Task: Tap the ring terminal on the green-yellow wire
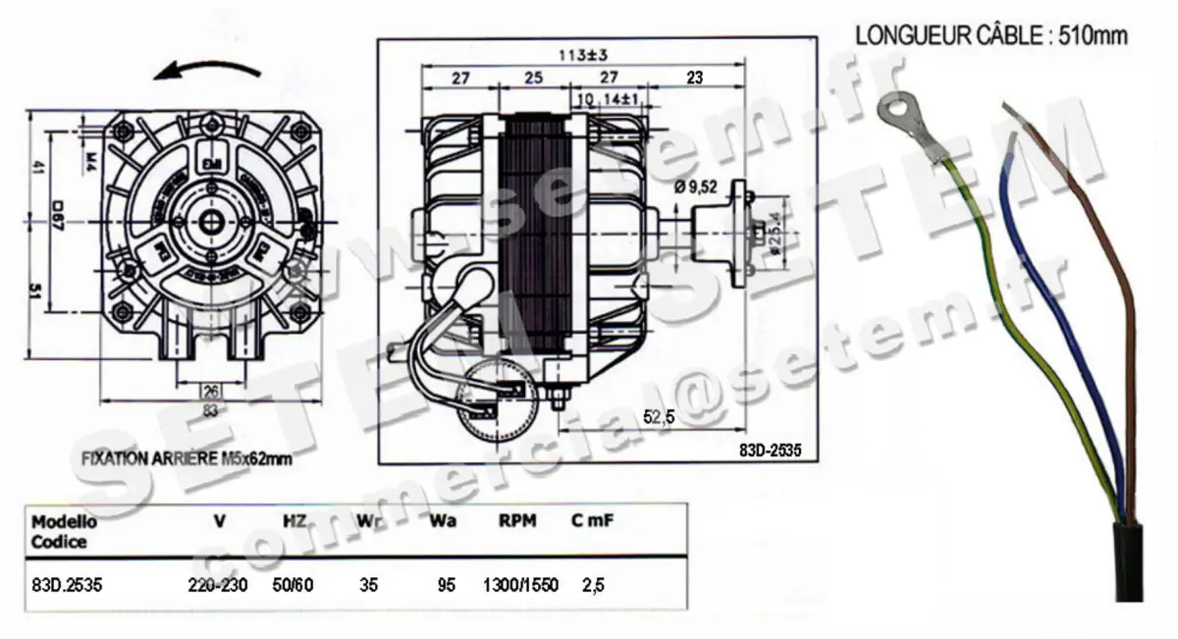(x=899, y=112)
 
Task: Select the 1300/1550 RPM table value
(x=520, y=585)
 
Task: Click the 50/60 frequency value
(x=293, y=585)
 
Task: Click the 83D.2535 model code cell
(x=67, y=585)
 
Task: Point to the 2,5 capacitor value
(x=593, y=585)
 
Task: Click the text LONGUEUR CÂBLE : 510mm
(x=991, y=36)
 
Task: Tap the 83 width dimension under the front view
(x=210, y=411)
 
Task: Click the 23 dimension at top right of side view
(x=694, y=79)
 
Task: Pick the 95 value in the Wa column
(x=446, y=585)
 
